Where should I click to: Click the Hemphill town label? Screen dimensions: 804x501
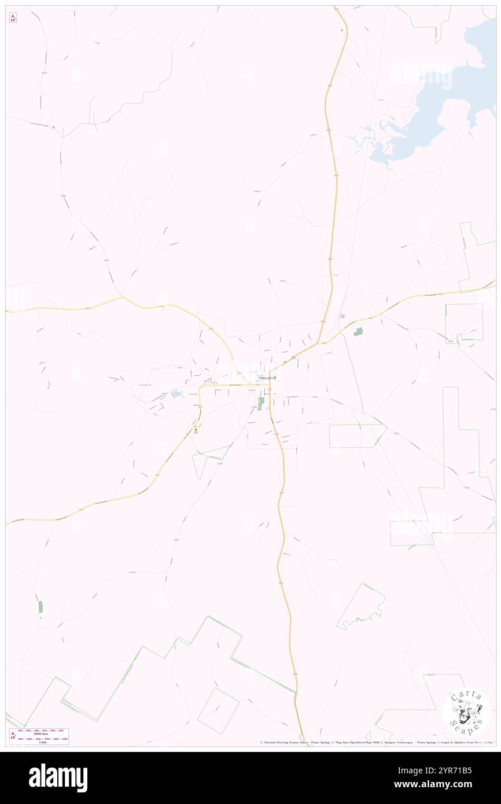pos(266,378)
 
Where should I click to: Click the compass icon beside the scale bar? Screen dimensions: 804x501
pos(13,736)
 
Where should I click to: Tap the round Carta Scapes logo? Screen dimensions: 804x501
pos(466,711)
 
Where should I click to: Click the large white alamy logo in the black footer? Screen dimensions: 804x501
pos(58,778)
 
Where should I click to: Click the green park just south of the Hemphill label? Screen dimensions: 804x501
pos(260,403)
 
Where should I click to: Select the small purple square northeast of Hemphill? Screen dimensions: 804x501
pos(342,316)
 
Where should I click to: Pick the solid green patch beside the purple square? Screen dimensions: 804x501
pos(359,331)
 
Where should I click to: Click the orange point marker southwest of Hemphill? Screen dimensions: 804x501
pos(197,430)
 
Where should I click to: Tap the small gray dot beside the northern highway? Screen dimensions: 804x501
pos(342,29)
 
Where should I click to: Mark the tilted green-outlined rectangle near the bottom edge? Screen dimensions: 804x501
pos(218,710)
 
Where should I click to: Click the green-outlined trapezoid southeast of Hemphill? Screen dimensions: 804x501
pos(356,436)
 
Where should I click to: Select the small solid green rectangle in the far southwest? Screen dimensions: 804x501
pos(40,607)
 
